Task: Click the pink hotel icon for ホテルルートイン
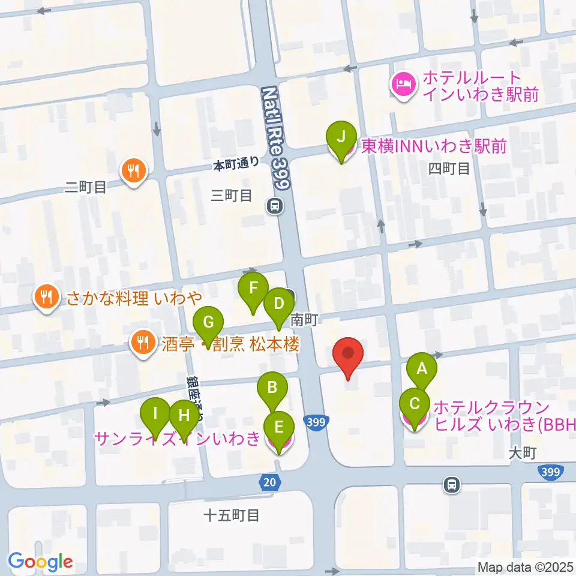point(401,85)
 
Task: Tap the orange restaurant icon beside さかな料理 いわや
point(46,296)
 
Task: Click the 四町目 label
point(449,169)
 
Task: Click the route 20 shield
point(269,481)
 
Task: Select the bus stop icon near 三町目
point(275,207)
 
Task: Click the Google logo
point(40,562)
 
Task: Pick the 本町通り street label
point(237,164)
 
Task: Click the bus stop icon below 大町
point(452,484)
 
